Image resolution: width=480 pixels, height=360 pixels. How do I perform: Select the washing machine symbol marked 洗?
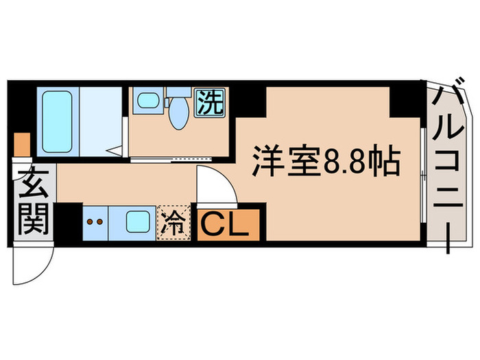pyautogui.click(x=210, y=103)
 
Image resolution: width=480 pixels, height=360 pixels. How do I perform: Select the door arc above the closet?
pyautogui.click(x=218, y=185)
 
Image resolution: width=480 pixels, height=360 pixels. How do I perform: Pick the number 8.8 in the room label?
pyautogui.click(x=351, y=165)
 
